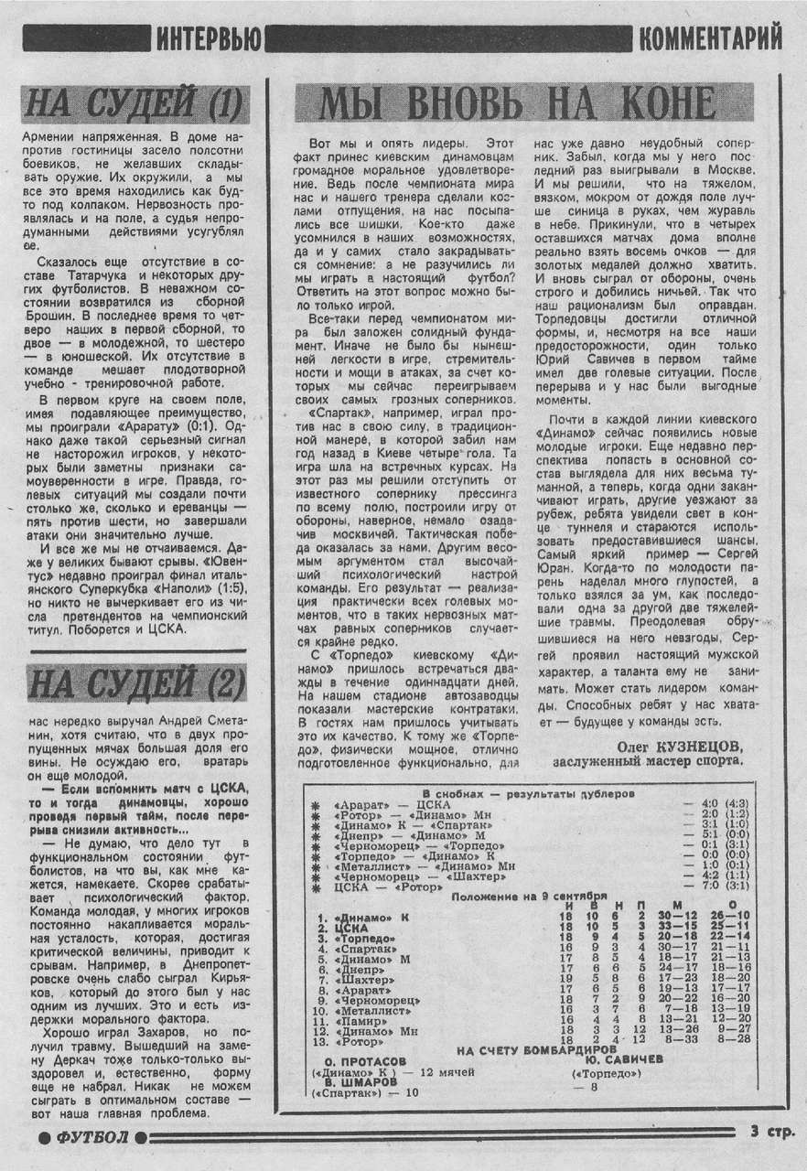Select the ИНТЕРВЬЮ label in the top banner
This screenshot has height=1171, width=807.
tap(209, 38)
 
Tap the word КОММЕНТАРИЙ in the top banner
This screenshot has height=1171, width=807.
tap(710, 38)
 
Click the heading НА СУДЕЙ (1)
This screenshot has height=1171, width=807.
tap(134, 103)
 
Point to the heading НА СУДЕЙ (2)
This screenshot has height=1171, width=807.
tap(134, 682)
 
